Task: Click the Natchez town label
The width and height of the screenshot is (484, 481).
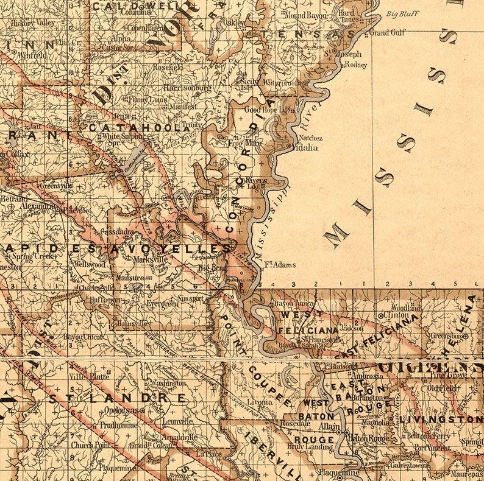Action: (x=310, y=138)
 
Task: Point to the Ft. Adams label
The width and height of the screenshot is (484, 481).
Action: (x=280, y=265)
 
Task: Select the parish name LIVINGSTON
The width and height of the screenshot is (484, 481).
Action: (x=440, y=420)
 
